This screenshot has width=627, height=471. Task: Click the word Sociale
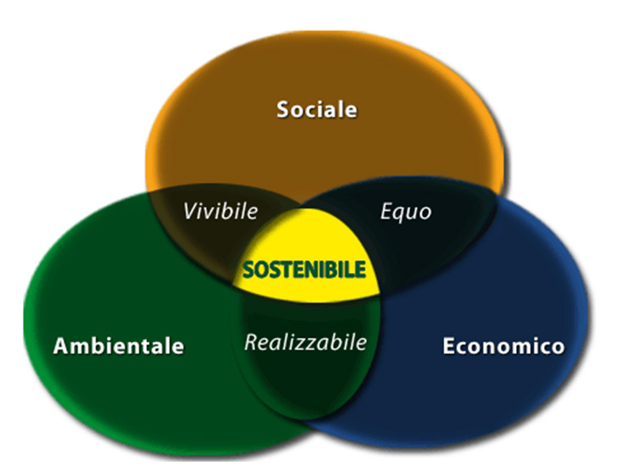[x=317, y=109]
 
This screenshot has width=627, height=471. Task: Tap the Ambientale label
[x=118, y=346]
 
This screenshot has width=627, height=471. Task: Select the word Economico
[x=502, y=346]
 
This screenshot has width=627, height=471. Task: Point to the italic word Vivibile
[x=221, y=209]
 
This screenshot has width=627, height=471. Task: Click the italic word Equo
[x=405, y=210]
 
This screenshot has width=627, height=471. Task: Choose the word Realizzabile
[x=305, y=342]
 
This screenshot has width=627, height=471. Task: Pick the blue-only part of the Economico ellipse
[x=508, y=280]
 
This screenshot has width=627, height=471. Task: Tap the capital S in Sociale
[x=283, y=109]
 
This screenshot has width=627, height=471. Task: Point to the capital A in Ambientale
[x=60, y=346]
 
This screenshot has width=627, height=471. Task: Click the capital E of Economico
[x=448, y=346]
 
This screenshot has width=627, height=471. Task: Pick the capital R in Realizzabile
[x=250, y=342]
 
